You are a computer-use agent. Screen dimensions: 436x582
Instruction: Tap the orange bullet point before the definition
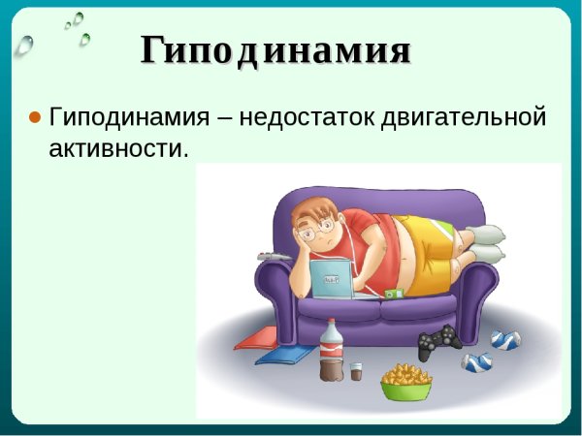tap(34, 117)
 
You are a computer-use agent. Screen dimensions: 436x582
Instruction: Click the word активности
tap(117, 149)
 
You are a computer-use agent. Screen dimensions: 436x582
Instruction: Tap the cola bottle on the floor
tap(331, 352)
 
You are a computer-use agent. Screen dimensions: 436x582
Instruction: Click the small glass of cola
tap(357, 371)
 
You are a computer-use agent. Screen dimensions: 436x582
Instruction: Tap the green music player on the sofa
tap(393, 292)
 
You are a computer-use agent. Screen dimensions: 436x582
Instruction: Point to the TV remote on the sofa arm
tap(270, 256)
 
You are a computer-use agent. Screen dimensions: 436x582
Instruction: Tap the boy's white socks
tap(484, 242)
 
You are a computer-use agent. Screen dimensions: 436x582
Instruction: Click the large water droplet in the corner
tap(25, 43)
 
